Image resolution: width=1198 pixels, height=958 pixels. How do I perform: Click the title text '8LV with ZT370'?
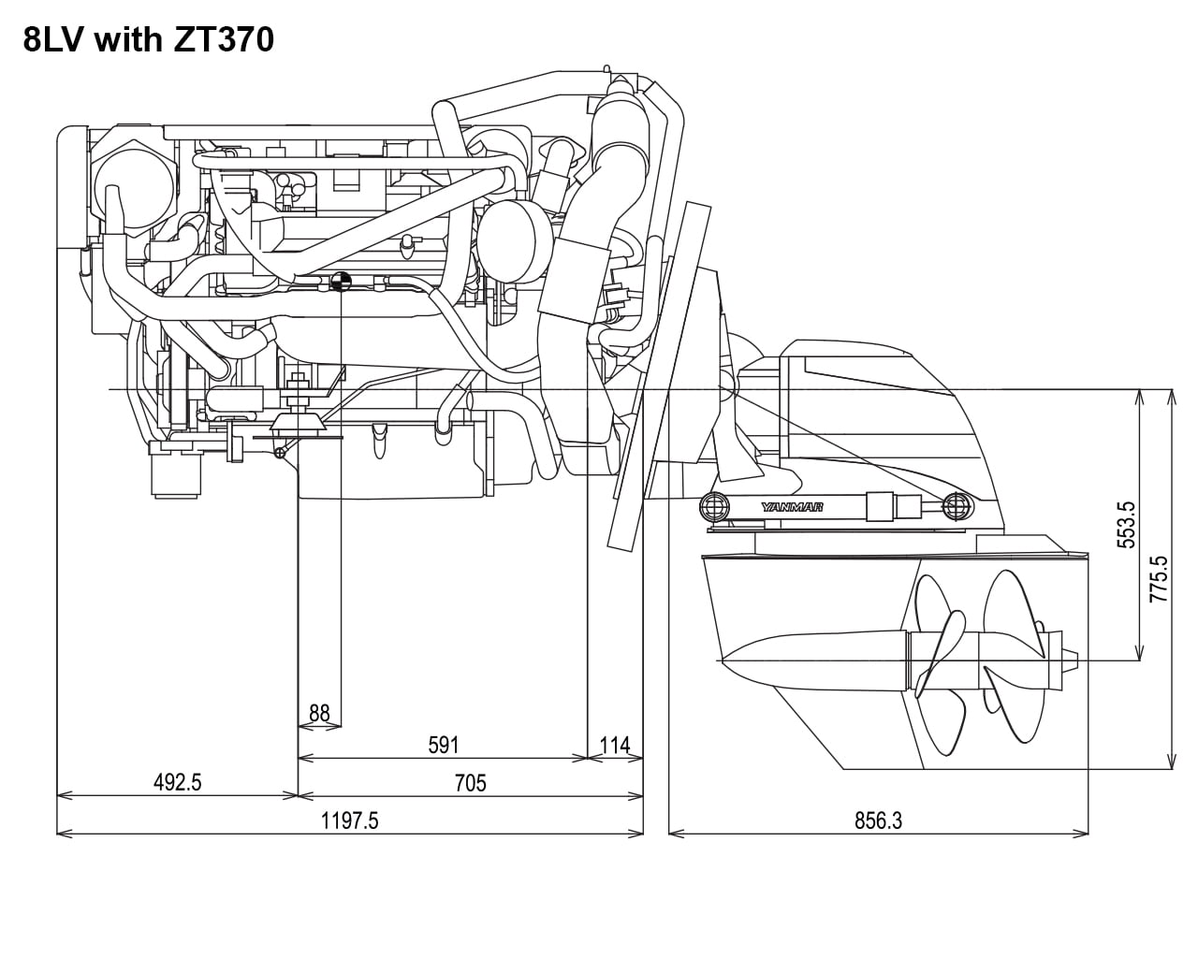click(x=149, y=41)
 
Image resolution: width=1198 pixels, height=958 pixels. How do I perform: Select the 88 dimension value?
click(x=319, y=714)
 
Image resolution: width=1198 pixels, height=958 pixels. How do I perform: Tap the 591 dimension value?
click(x=444, y=745)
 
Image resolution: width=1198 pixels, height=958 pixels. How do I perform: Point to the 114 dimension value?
click(x=615, y=746)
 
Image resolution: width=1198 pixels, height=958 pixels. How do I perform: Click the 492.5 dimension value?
click(x=177, y=782)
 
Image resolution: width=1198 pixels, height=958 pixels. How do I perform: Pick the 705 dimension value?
click(x=470, y=782)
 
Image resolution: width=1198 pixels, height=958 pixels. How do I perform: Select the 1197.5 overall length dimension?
click(x=349, y=820)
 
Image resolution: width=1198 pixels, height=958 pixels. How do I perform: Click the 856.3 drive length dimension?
click(x=878, y=820)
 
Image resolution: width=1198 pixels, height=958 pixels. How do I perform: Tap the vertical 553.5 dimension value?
click(x=1127, y=524)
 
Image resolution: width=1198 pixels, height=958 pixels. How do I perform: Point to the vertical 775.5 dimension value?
click(x=1159, y=579)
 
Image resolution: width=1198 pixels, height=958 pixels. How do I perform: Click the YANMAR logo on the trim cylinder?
click(x=792, y=507)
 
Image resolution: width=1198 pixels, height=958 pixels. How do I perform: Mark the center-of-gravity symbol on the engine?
click(x=341, y=281)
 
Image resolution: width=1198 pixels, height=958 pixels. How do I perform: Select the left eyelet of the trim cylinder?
click(x=714, y=506)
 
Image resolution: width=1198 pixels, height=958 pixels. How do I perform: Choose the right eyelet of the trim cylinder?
click(x=955, y=506)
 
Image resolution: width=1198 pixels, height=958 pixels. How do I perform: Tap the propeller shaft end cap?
click(x=1070, y=661)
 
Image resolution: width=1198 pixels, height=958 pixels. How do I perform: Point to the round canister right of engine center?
click(x=514, y=241)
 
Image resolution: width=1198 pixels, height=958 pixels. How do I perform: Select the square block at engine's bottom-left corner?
click(x=176, y=474)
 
